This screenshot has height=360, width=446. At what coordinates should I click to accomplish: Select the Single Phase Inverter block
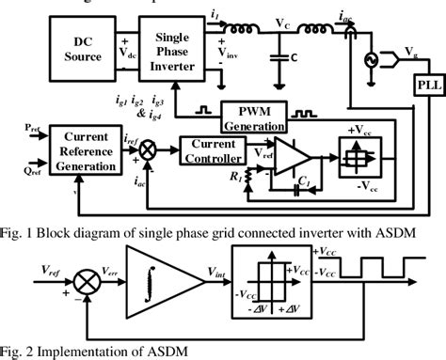171,49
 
